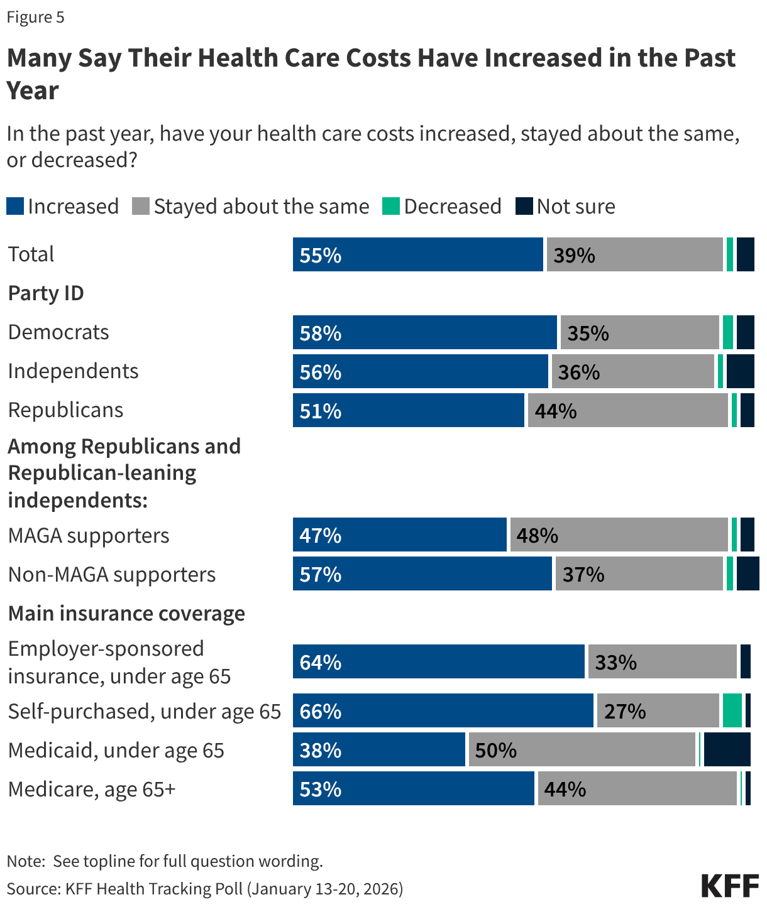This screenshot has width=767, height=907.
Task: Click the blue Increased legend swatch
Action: [16, 207]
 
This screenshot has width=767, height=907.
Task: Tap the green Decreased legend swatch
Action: [391, 207]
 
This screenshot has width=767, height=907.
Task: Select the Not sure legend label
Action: [576, 207]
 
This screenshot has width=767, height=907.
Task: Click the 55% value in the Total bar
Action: [321, 255]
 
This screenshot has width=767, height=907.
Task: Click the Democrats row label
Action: [58, 332]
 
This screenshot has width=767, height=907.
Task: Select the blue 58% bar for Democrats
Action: [425, 332]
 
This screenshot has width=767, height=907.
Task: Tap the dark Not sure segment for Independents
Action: [740, 371]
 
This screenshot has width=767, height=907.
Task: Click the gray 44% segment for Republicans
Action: [627, 410]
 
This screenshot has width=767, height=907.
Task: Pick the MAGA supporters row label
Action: [89, 536]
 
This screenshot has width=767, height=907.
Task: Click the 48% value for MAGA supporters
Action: [538, 536]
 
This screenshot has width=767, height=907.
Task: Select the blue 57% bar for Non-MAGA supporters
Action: [422, 574]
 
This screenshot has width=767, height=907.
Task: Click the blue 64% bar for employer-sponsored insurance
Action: [439, 662]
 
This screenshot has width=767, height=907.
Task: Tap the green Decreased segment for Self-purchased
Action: [732, 711]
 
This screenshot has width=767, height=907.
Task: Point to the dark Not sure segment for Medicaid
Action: [727, 749]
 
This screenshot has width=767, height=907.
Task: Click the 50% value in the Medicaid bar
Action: [496, 751]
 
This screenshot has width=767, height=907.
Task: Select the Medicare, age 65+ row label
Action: [92, 789]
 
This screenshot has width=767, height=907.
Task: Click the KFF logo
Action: [730, 886]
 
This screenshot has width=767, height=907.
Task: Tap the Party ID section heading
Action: [46, 293]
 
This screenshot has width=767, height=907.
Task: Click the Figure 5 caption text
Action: [36, 17]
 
